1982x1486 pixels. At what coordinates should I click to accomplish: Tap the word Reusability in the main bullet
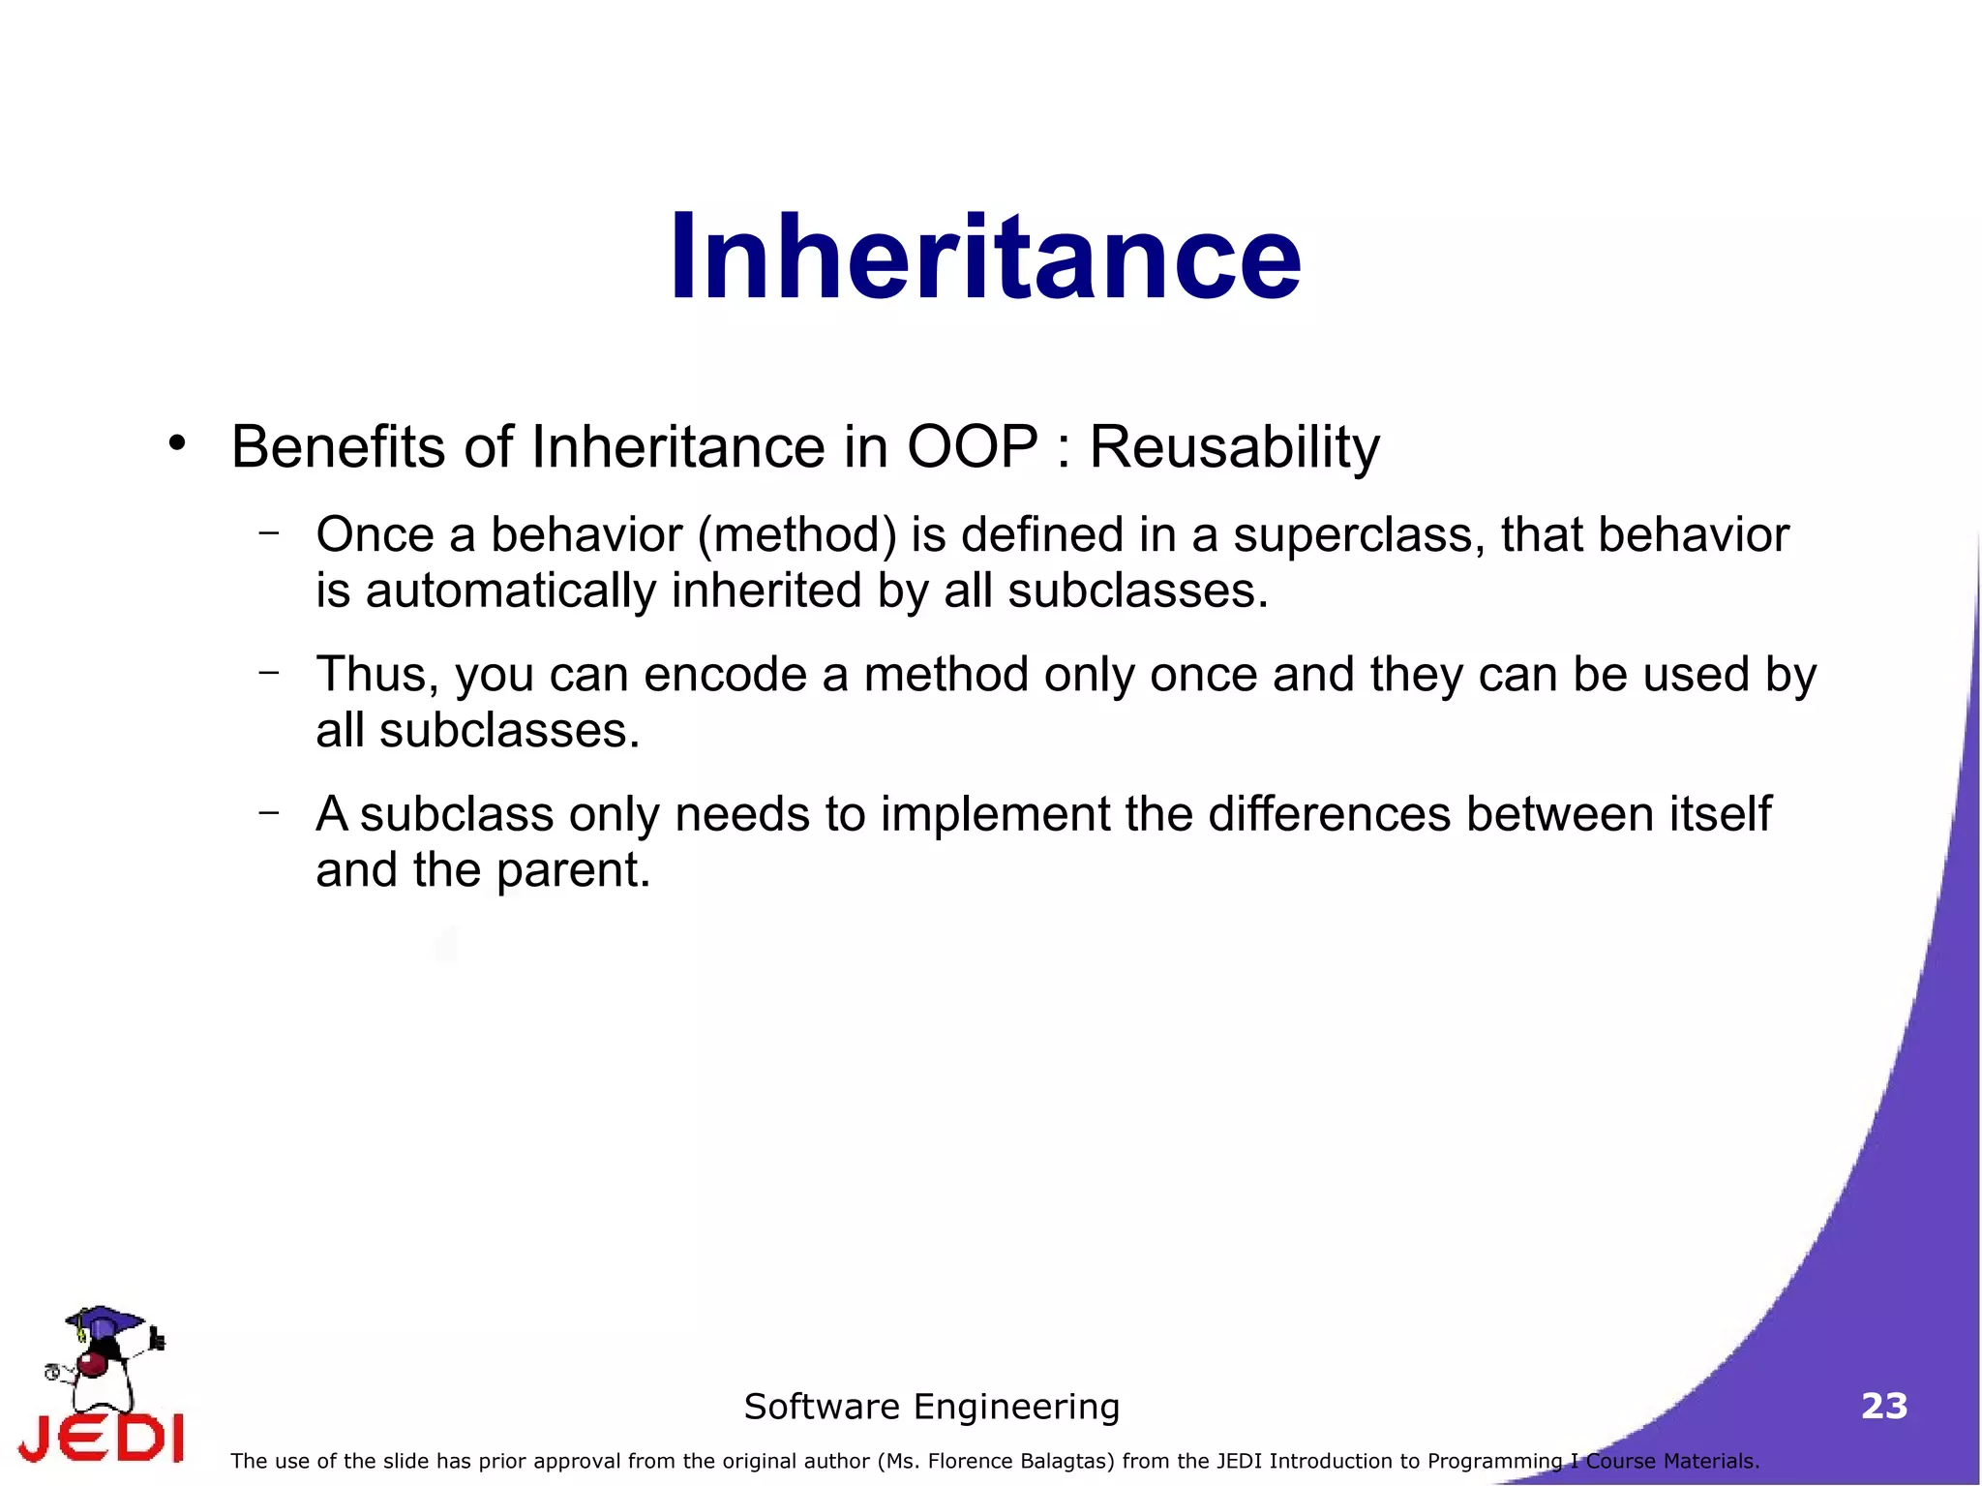1234,448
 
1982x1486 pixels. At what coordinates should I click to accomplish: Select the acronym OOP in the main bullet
972,447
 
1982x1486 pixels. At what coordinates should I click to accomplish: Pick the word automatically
510,591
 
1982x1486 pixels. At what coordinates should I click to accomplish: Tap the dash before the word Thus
269,671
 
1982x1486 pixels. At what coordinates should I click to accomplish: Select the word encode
725,674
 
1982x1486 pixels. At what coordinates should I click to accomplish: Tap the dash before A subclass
269,811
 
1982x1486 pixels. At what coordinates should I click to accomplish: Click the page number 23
1883,1406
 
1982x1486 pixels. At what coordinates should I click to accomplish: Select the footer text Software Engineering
931,1407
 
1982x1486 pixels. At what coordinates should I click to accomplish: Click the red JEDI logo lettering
102,1439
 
